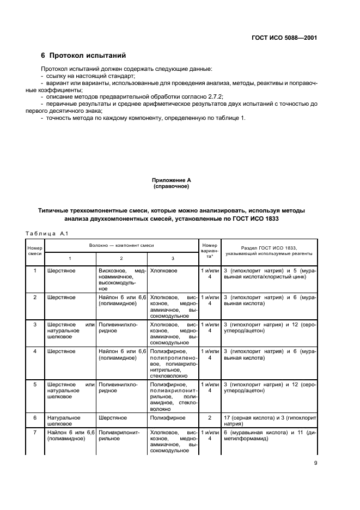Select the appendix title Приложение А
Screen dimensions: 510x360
(x=171, y=180)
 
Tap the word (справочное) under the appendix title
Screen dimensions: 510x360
(x=171, y=186)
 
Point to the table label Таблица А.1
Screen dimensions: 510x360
(x=46, y=234)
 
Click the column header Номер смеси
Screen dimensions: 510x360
(x=35, y=251)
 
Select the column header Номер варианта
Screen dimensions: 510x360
(x=209, y=251)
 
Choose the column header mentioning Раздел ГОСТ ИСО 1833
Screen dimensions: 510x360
(x=269, y=250)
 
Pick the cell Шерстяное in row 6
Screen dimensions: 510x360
(x=112, y=418)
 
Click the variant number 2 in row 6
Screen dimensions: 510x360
(x=209, y=418)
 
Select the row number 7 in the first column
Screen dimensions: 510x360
(x=35, y=432)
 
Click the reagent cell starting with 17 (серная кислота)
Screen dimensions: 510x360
(x=269, y=421)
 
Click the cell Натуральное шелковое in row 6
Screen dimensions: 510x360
(x=64, y=421)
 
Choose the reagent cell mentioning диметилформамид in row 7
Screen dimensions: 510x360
(x=269, y=435)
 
